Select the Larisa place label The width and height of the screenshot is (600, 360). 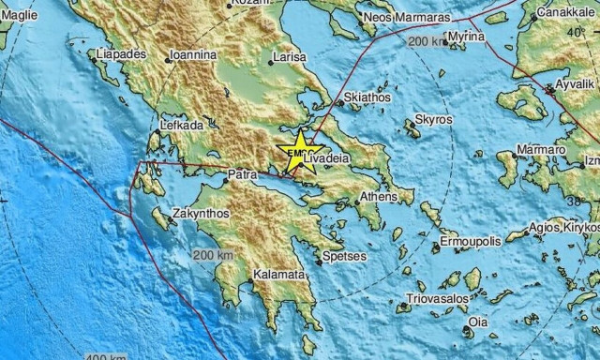pyautogui.click(x=289, y=58)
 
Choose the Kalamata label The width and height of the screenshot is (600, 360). pyautogui.click(x=278, y=275)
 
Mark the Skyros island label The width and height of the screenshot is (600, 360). pyautogui.click(x=433, y=120)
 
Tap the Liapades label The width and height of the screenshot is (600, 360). pyautogui.click(x=122, y=54)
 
